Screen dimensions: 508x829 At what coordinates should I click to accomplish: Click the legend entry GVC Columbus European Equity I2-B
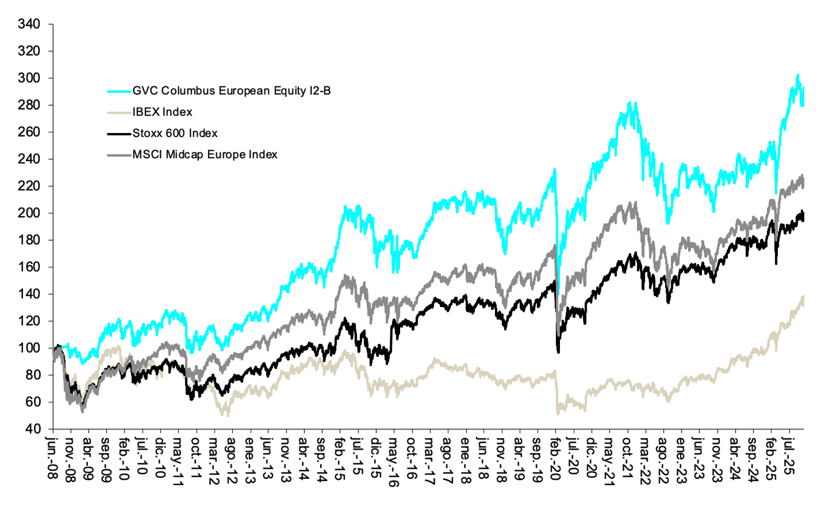231,91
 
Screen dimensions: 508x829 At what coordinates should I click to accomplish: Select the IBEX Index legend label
162,112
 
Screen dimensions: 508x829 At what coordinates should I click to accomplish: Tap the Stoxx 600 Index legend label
175,133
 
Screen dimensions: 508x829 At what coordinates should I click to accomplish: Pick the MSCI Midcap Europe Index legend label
205,155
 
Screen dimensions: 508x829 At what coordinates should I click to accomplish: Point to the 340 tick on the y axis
29,24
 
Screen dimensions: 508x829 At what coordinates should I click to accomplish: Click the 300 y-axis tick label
29,78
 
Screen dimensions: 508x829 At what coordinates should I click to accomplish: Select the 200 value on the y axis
29,213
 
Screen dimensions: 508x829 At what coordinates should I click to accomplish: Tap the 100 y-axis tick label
29,348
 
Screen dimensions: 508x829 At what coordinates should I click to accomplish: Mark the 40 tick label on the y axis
33,429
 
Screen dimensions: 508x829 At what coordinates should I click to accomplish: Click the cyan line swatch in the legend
119,91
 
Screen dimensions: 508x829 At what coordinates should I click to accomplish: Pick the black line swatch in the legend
119,134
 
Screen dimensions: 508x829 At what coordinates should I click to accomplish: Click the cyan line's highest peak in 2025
797,75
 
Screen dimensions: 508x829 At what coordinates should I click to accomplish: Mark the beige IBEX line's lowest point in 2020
558,413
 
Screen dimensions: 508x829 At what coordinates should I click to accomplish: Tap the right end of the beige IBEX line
803,297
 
